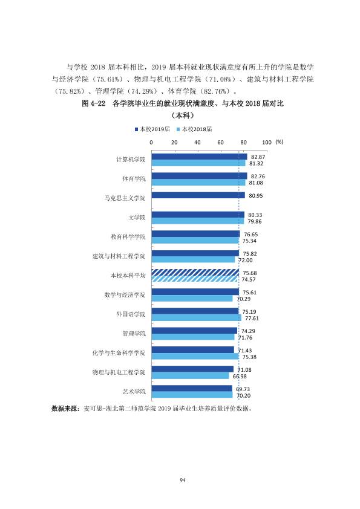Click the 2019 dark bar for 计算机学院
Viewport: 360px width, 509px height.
click(x=199, y=157)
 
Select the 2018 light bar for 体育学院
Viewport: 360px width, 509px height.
click(x=198, y=183)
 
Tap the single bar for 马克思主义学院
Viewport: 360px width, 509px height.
click(x=198, y=195)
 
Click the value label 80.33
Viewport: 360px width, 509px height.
click(x=255, y=215)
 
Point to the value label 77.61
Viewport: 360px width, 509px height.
click(x=252, y=319)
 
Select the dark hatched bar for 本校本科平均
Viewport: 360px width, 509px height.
click(x=195, y=273)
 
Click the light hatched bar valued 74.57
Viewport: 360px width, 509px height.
click(x=195, y=279)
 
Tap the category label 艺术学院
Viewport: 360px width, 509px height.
click(x=134, y=392)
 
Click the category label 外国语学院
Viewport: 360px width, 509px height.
click(x=131, y=314)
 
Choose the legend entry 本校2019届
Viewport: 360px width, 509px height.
click(x=152, y=129)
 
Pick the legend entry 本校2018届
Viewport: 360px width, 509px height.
click(x=194, y=129)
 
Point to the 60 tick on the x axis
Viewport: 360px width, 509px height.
click(x=221, y=143)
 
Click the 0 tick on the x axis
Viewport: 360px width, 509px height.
click(x=151, y=143)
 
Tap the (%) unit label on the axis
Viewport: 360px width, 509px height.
click(x=280, y=142)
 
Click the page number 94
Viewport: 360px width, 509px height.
click(x=183, y=480)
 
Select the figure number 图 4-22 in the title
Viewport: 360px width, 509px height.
click(x=94, y=103)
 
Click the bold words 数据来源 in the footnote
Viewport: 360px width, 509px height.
click(x=64, y=409)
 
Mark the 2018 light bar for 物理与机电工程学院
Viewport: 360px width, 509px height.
click(x=191, y=376)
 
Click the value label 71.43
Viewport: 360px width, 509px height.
click(x=245, y=351)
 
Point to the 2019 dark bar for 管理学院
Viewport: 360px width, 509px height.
click(x=194, y=331)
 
